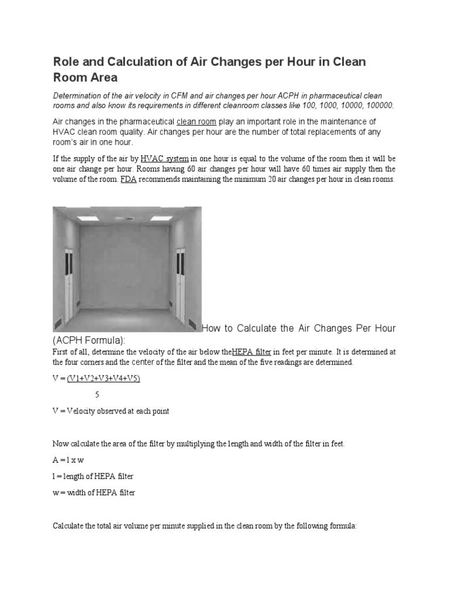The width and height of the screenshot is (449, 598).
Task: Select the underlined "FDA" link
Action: pyautogui.click(x=128, y=179)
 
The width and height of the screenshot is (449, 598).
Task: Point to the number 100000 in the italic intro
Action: pyautogui.click(x=378, y=105)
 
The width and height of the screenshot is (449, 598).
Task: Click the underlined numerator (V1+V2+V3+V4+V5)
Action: pyautogui.click(x=103, y=378)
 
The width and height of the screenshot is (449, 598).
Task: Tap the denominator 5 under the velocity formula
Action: pyautogui.click(x=97, y=394)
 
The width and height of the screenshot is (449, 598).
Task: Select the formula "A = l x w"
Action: pyautogui.click(x=69, y=460)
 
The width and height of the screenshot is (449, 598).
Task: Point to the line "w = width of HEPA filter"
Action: pyautogui.click(x=94, y=493)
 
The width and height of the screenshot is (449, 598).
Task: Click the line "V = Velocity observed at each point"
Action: pyautogui.click(x=111, y=411)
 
